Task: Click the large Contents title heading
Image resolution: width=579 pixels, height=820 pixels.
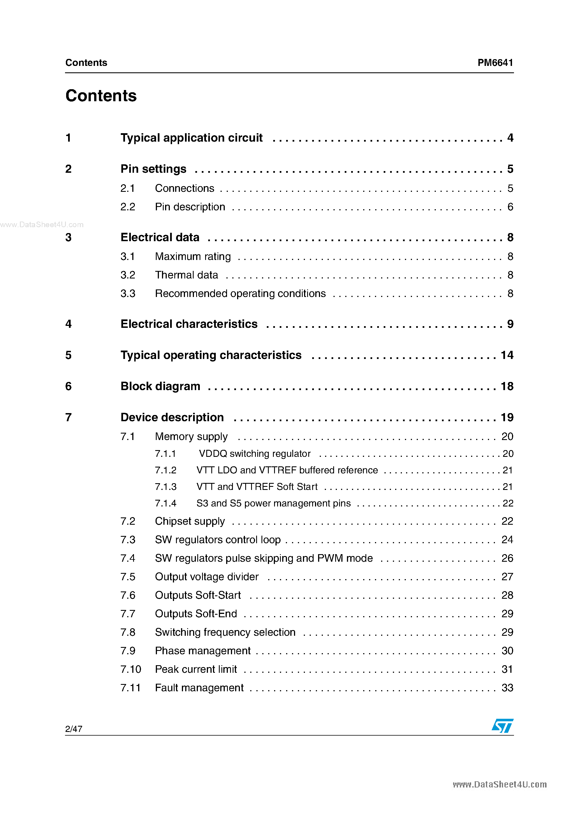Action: (x=101, y=96)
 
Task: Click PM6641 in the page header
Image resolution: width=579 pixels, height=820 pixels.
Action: (x=495, y=63)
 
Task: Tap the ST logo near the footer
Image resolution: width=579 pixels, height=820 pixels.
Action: (x=502, y=725)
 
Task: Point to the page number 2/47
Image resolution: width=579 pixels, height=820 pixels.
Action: (x=74, y=729)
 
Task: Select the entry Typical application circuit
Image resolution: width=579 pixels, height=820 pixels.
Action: (x=191, y=138)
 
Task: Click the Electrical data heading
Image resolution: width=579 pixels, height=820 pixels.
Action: (x=160, y=238)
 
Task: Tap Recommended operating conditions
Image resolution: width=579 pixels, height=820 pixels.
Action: (x=240, y=294)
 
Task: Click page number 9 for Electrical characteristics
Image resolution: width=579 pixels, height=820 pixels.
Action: (x=510, y=324)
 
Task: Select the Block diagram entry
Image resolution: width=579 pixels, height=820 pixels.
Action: (x=160, y=386)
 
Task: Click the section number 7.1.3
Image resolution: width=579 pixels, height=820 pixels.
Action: (x=166, y=487)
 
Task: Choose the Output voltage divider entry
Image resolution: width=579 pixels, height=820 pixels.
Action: (x=207, y=577)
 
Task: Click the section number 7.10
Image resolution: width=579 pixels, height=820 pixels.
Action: (x=131, y=669)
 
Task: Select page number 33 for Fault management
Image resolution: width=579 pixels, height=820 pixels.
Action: (x=507, y=688)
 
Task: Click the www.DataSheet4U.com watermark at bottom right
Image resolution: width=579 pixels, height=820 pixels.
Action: (x=499, y=785)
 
